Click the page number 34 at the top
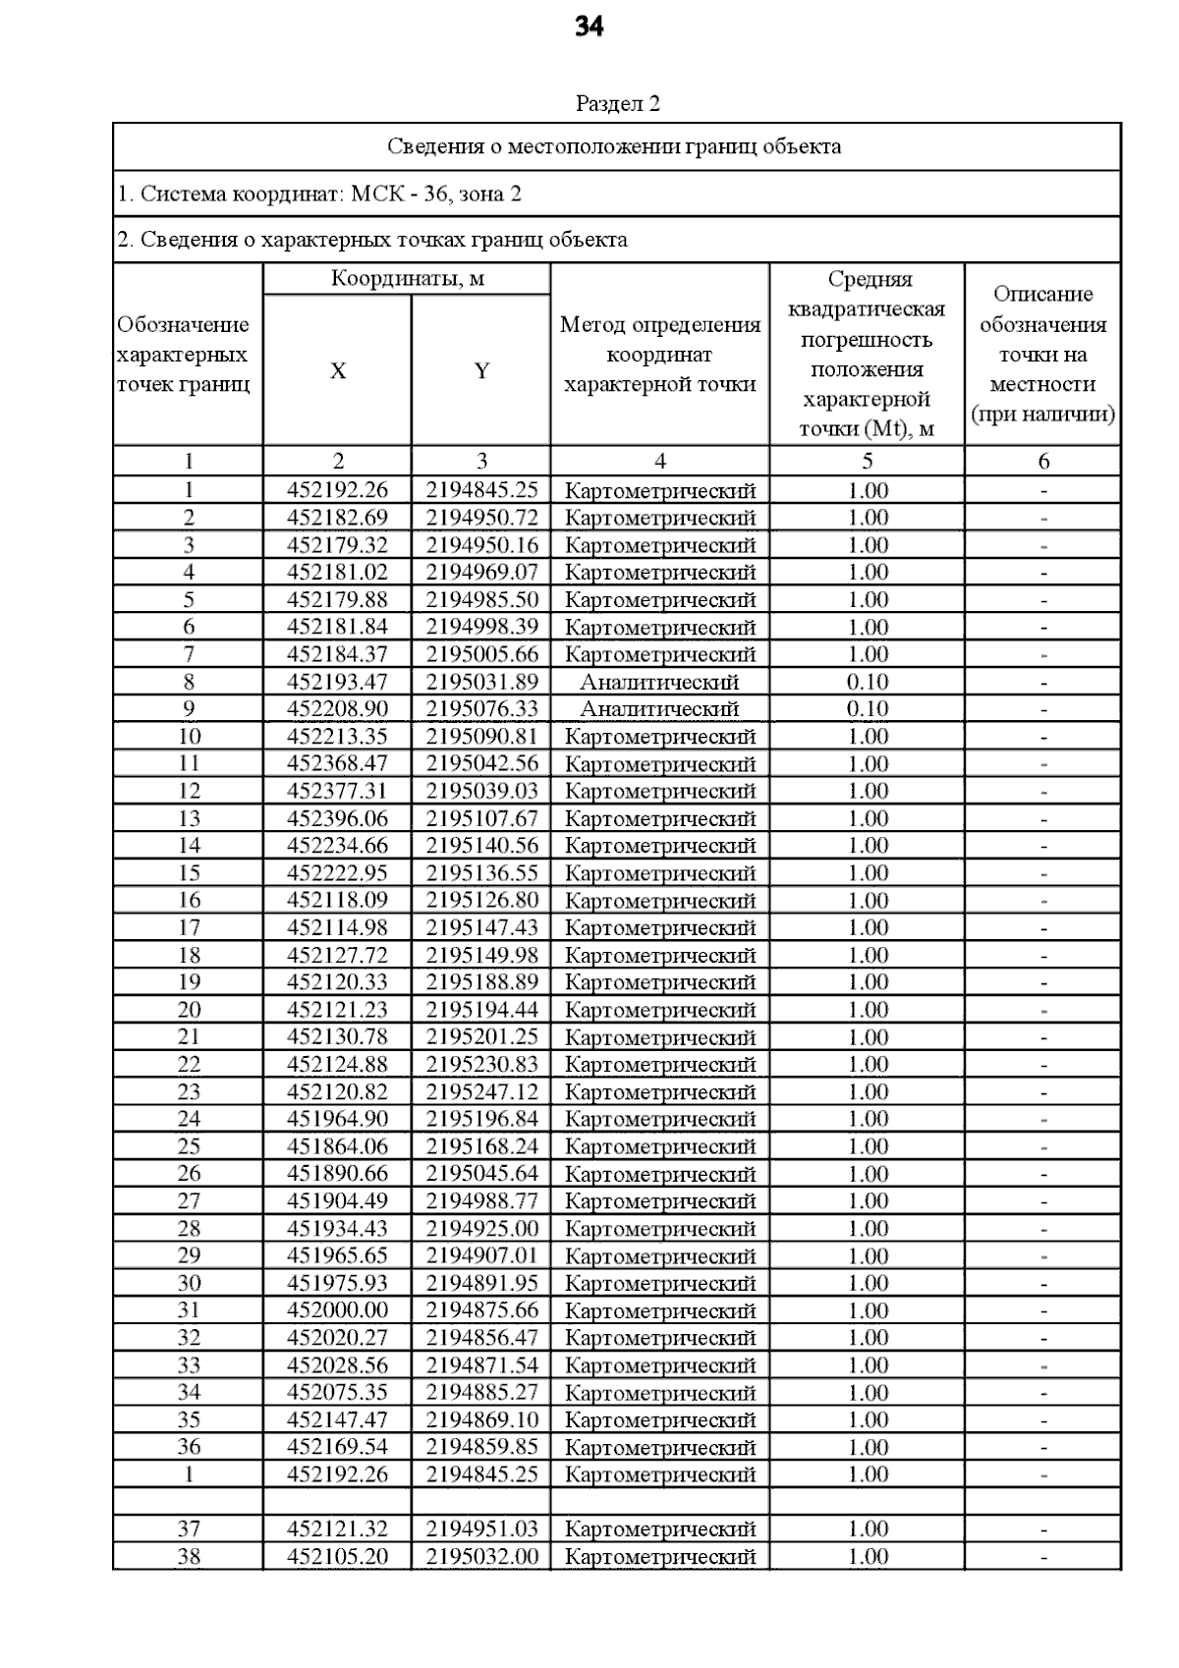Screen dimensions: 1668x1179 pyautogui.click(x=589, y=28)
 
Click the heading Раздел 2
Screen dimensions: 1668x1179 pyautogui.click(x=617, y=103)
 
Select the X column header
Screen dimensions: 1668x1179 pyautogui.click(x=337, y=370)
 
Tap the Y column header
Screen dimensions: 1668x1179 pyautogui.click(x=481, y=370)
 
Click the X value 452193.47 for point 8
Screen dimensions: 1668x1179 pyautogui.click(x=337, y=682)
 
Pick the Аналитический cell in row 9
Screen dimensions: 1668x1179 pyautogui.click(x=659, y=709)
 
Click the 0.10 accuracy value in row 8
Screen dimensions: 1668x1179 pyautogui.click(x=868, y=682)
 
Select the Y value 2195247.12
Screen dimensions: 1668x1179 pyautogui.click(x=481, y=1091)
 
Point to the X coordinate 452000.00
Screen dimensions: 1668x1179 pyautogui.click(x=337, y=1310)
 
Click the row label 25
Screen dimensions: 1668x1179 pyautogui.click(x=189, y=1146)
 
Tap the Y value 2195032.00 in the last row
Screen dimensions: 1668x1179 pyautogui.click(x=481, y=1556)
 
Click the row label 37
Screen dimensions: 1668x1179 pyautogui.click(x=189, y=1529)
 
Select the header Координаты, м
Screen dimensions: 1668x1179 pyautogui.click(x=407, y=279)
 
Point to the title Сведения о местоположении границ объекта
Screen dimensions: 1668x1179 pyautogui.click(x=614, y=147)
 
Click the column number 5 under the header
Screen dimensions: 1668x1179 pyautogui.click(x=868, y=461)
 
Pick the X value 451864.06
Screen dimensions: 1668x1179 pyautogui.click(x=337, y=1146)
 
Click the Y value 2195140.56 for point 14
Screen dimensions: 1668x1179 pyautogui.click(x=481, y=846)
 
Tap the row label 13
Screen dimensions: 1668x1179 pyautogui.click(x=189, y=818)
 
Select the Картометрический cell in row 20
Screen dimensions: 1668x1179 pyautogui.click(x=659, y=1010)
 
